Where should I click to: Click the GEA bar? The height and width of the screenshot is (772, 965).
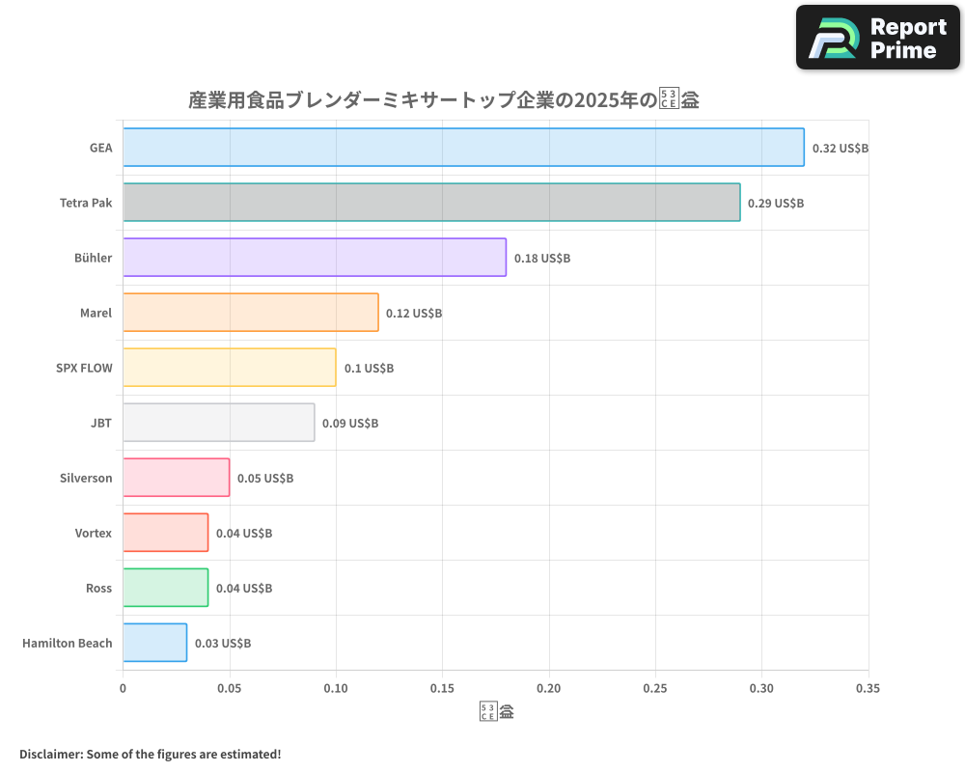click(463, 148)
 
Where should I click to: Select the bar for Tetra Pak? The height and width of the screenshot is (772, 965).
click(431, 203)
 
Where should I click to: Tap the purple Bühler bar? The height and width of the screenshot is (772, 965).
click(315, 258)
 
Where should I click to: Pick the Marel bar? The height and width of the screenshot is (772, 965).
click(251, 313)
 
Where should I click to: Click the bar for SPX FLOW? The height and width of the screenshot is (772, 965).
click(230, 368)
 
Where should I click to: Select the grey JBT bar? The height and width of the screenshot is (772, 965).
click(219, 423)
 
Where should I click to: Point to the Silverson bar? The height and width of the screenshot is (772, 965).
click(177, 478)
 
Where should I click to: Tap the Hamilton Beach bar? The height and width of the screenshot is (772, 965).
click(155, 643)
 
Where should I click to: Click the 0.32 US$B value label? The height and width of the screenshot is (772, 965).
click(841, 149)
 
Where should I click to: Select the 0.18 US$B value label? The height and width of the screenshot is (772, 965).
click(542, 259)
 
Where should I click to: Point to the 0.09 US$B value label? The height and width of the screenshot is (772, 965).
click(350, 424)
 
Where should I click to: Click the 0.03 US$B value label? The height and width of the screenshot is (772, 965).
click(223, 644)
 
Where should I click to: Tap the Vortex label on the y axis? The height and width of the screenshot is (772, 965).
click(94, 533)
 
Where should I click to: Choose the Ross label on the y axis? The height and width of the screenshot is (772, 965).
click(98, 588)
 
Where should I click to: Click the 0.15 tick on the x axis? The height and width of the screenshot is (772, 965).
click(442, 689)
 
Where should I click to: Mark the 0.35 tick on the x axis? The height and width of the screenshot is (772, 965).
click(868, 689)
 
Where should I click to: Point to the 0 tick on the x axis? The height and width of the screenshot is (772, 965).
click(123, 689)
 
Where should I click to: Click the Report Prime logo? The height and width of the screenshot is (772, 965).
click(878, 38)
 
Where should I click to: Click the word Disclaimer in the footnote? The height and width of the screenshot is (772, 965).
click(49, 754)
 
